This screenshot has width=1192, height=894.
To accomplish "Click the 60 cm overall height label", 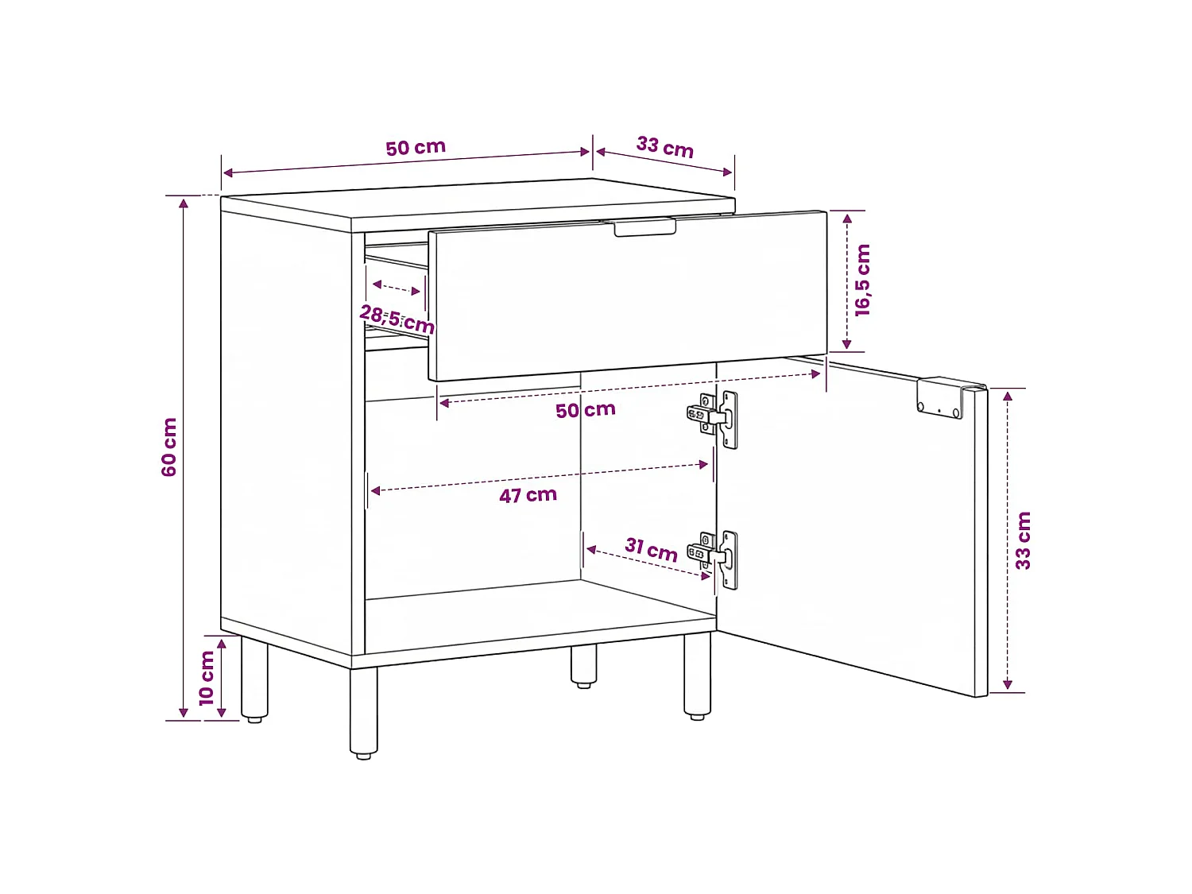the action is click(169, 447).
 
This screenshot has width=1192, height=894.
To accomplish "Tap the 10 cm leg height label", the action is click(207, 678).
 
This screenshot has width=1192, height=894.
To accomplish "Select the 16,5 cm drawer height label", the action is click(862, 280).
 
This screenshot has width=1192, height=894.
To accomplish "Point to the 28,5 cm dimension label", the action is click(397, 319).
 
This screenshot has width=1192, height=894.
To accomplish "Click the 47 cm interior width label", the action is click(528, 495).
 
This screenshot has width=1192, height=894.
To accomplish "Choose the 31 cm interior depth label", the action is click(651, 550).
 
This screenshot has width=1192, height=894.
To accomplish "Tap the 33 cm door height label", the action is click(1023, 540).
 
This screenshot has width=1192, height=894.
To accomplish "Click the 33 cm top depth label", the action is click(664, 147).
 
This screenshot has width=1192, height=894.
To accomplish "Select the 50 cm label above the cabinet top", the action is click(416, 148).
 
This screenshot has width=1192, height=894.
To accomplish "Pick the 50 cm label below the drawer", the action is click(586, 410).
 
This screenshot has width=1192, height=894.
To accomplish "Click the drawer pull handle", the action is click(644, 227).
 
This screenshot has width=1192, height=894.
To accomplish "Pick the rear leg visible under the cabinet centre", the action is click(584, 666).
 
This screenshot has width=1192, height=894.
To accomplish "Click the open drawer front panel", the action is click(628, 296).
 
